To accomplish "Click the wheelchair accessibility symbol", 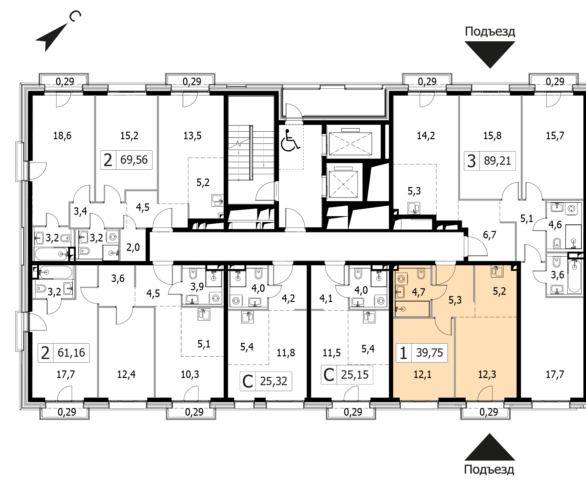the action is point(290,141).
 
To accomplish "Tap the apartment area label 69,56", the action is point(134,160).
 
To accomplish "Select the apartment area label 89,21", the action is point(497,161).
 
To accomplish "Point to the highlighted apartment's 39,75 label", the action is point(429,353).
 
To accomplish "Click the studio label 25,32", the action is point(273,381).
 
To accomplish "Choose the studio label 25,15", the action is point(355,374).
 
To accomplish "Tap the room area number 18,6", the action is point(62,136).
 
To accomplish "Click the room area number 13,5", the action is point(192,136).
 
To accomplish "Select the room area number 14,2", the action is point(426,136).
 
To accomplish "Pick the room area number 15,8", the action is point(492,136).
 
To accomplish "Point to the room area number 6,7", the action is point(490,235).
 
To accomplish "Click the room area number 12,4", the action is point(126,374).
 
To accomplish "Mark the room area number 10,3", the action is point(190,374).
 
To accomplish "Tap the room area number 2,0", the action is point(133,248).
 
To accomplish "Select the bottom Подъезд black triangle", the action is point(490,447).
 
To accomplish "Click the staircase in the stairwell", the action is point(251,153).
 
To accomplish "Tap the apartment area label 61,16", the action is point(71,353).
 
